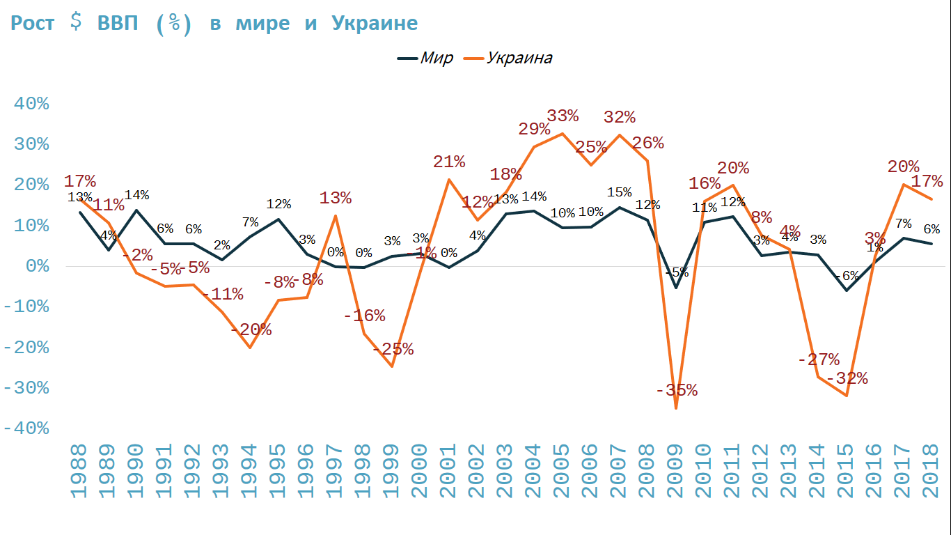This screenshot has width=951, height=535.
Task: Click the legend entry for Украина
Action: pos(519,58)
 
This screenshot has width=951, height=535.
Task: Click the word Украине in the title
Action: pos(375,23)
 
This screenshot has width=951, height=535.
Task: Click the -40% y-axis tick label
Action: pos(26,428)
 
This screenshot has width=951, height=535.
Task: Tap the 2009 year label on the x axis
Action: pos(675,474)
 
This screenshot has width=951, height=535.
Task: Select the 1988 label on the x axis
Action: pos(79,474)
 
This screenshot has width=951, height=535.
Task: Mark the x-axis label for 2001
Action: pos(448,474)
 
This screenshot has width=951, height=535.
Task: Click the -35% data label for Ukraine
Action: pos(676,390)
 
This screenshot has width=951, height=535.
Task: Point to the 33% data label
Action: pos(562,115)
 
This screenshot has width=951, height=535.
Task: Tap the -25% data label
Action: pos(393,349)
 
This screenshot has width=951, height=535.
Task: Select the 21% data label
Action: pos(449,162)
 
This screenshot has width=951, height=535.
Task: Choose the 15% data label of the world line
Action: pos(619,192)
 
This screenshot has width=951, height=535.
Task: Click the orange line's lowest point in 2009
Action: pos(675,408)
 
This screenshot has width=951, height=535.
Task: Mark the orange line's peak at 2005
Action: pos(562,133)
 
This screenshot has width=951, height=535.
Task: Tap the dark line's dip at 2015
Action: pos(847,290)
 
